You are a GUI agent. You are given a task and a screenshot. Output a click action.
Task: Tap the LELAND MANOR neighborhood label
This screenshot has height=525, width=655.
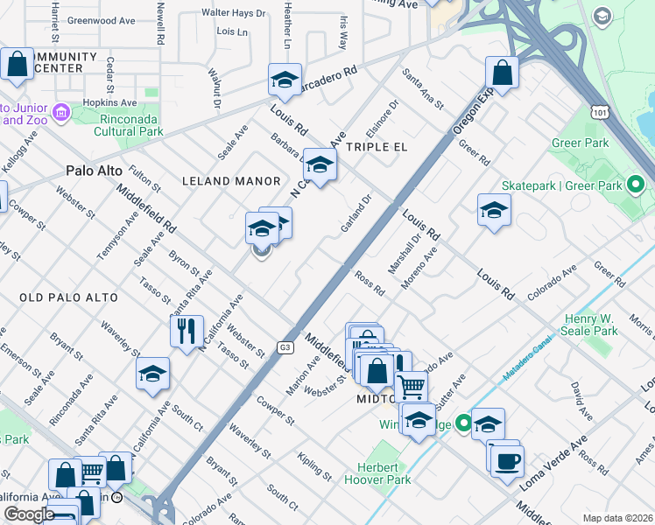(x=230, y=181)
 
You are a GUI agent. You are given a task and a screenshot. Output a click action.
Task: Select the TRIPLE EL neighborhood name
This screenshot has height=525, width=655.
(x=377, y=147)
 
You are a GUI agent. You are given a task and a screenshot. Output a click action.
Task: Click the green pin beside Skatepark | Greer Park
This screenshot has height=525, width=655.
(x=637, y=185)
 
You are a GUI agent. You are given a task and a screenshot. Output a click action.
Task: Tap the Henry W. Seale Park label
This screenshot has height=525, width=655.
(x=602, y=325)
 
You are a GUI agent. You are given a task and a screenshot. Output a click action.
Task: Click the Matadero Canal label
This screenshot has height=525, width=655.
(x=531, y=363)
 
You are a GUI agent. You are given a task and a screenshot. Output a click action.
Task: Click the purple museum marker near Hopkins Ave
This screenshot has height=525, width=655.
(x=60, y=112)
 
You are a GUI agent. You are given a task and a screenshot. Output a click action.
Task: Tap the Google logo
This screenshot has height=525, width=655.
(x=29, y=514)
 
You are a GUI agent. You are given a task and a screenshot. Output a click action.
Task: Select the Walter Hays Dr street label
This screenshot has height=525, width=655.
(x=233, y=13)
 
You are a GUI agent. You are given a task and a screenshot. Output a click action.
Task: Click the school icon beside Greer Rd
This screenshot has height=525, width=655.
(x=494, y=210)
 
